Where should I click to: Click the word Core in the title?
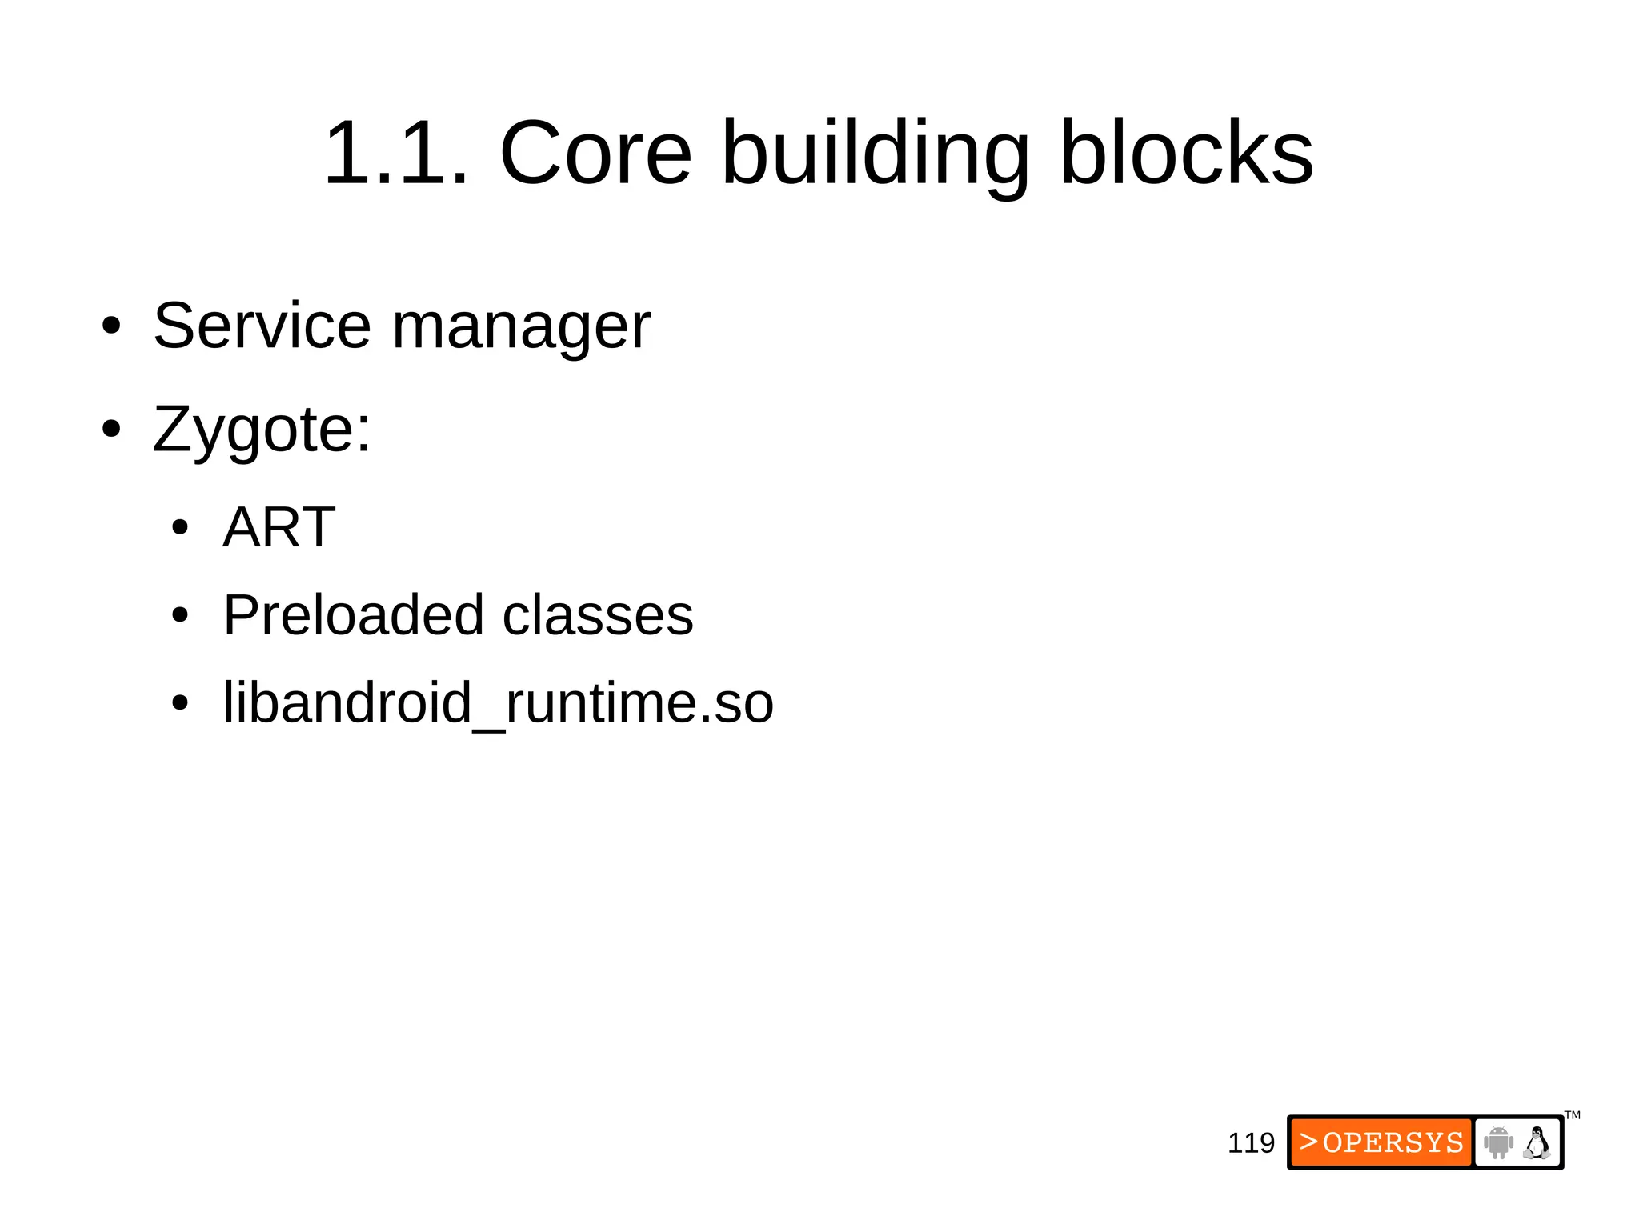pos(595,153)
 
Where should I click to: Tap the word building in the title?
pos(876,153)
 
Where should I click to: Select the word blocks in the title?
pos(1186,153)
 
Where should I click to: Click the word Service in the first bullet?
pos(262,326)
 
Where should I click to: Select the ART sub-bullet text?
pos(279,527)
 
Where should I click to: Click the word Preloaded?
pos(353,615)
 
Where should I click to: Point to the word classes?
pos(597,615)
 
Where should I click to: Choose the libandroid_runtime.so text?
pos(498,703)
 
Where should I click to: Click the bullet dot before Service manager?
pos(111,326)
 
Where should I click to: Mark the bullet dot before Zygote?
pos(111,430)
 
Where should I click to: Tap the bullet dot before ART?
pos(180,528)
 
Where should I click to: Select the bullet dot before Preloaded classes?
pos(180,616)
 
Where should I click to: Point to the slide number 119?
pos(1251,1143)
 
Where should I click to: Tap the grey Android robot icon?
pos(1498,1142)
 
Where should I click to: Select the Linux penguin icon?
pos(1537,1142)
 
